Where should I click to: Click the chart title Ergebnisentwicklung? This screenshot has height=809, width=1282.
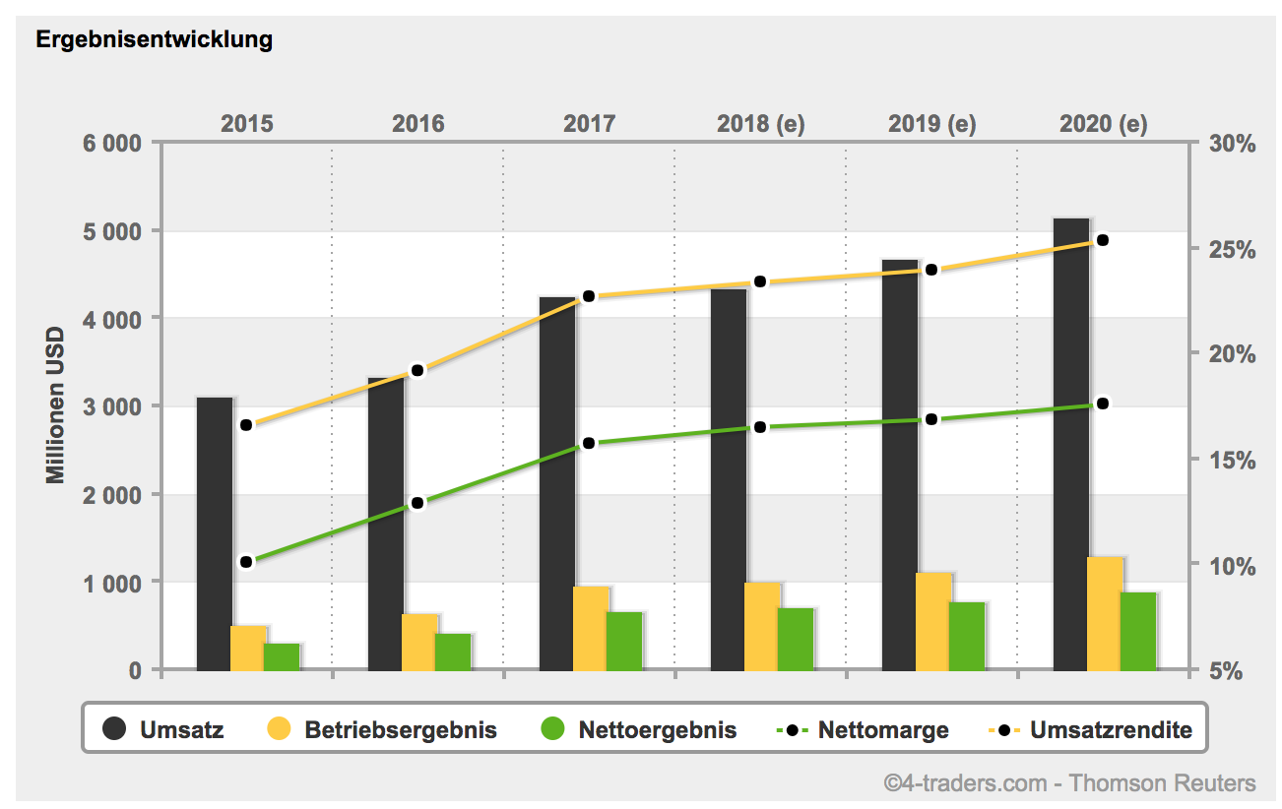click(155, 40)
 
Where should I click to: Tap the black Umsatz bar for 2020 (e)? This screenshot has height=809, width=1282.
click(1071, 443)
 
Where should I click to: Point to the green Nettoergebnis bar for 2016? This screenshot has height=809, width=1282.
click(453, 651)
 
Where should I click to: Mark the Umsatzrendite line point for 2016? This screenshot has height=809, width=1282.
click(417, 370)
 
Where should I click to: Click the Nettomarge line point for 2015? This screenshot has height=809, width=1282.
click(246, 562)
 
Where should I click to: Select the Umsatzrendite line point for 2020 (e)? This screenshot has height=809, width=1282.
click(1103, 240)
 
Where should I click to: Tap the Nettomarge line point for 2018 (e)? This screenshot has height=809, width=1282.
click(760, 427)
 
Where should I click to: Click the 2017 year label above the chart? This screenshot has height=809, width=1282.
click(589, 124)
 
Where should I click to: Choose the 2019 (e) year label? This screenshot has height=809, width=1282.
click(931, 124)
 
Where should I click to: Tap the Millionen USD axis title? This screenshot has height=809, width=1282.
click(55, 405)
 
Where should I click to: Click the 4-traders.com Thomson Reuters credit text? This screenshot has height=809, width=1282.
click(1069, 783)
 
